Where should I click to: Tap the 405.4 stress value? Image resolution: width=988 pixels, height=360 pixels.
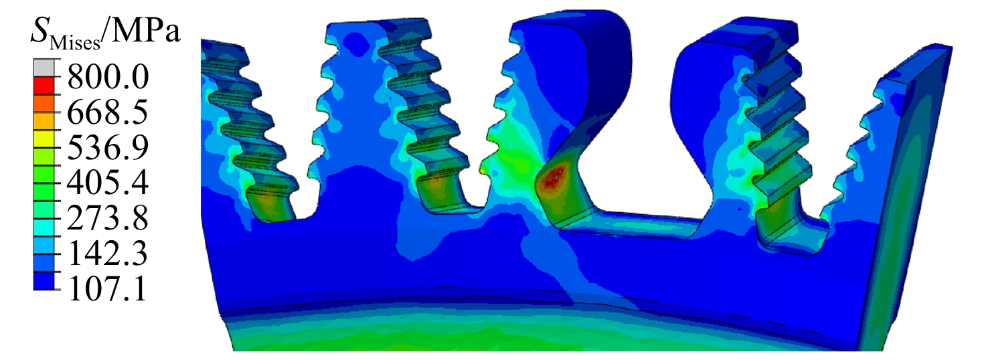pyautogui.click(x=108, y=183)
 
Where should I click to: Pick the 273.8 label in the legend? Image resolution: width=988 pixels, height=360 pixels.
pyautogui.click(x=108, y=218)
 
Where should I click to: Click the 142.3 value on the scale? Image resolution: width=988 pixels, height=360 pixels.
pyautogui.click(x=108, y=253)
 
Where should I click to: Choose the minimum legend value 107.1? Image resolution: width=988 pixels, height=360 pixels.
pyautogui.click(x=108, y=288)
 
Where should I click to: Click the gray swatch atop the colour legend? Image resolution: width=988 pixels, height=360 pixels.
pyautogui.click(x=44, y=68)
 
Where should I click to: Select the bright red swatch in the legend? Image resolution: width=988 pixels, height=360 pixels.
pyautogui.click(x=44, y=86)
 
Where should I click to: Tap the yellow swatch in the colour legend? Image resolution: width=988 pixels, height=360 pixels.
pyautogui.click(x=44, y=139)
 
